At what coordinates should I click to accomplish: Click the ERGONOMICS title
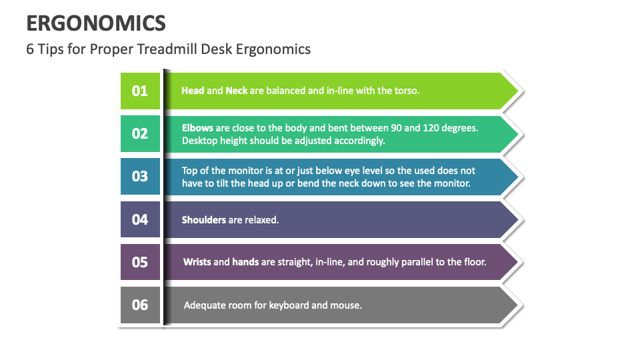96,23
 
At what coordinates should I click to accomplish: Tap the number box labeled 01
140,91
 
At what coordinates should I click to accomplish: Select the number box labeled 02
140,133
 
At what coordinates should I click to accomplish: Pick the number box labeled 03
140,176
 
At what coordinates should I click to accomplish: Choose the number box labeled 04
140,219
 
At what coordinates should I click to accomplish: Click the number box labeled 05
140,262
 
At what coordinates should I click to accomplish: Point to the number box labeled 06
140,305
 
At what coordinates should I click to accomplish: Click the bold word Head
193,91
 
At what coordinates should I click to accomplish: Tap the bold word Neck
236,91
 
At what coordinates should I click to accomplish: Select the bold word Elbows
197,127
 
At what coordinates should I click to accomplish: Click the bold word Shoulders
204,219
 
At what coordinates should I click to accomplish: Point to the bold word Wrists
197,262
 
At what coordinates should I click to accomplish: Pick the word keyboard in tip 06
285,305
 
